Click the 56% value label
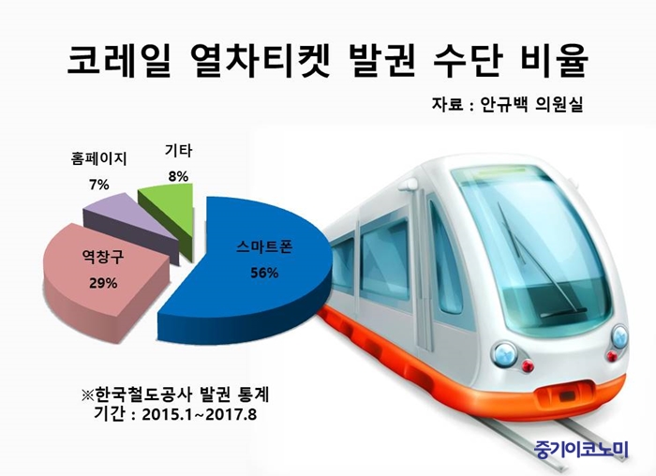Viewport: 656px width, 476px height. point(264,273)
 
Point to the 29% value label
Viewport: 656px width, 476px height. point(103,284)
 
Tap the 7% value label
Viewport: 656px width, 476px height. point(99,184)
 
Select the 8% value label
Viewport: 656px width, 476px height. point(178,176)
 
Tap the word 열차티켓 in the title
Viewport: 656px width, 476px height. point(259,61)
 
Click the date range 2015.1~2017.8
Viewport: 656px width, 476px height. point(199,414)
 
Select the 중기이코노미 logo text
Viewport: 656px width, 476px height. point(582,450)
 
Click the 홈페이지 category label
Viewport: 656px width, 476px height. point(98,158)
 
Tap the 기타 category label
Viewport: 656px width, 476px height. point(178,151)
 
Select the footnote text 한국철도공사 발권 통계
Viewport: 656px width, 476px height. point(181,394)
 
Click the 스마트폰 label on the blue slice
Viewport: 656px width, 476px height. point(264,247)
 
